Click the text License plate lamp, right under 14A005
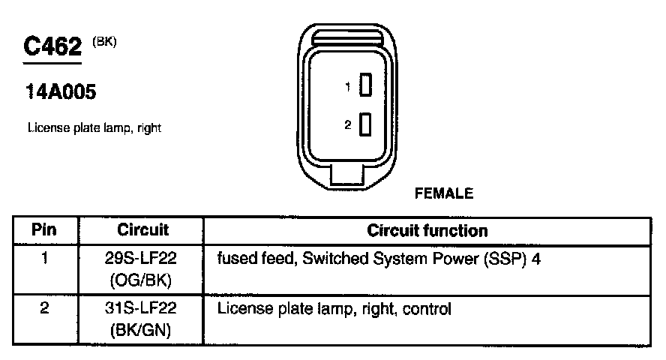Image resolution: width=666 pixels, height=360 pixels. (x=94, y=128)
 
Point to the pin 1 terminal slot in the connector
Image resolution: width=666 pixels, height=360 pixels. (x=366, y=86)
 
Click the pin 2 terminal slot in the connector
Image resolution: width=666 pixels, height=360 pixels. (x=366, y=124)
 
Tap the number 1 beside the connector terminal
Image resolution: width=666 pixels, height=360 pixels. (x=348, y=87)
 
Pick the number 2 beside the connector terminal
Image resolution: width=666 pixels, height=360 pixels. (x=348, y=125)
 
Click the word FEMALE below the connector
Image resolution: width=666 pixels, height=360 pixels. (x=444, y=193)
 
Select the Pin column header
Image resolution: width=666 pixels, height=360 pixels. (x=44, y=229)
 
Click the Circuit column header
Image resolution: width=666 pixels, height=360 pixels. (x=143, y=229)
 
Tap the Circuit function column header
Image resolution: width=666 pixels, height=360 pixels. (x=427, y=230)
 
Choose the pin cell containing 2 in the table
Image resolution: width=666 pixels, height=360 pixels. (x=44, y=308)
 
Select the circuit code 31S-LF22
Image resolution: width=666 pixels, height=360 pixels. (x=143, y=308)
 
